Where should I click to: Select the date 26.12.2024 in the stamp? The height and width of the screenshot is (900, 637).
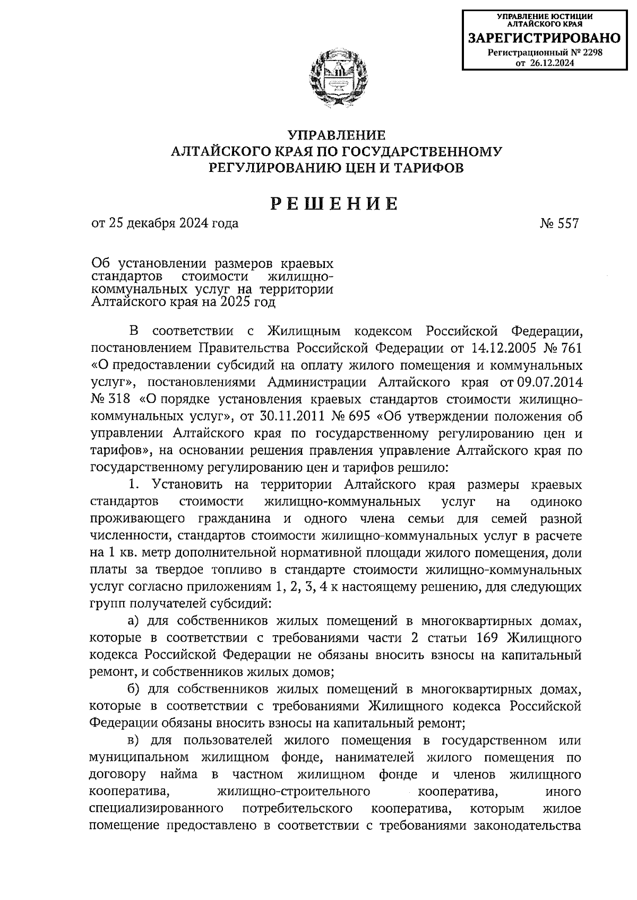click(x=552, y=63)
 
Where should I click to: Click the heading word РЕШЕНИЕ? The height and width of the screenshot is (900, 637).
click(x=335, y=204)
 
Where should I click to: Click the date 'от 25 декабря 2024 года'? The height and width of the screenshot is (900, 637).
click(x=165, y=223)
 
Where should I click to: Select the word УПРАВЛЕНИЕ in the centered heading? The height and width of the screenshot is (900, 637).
click(x=335, y=135)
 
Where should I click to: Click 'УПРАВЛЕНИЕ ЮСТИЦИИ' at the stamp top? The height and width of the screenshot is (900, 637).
click(x=544, y=17)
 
